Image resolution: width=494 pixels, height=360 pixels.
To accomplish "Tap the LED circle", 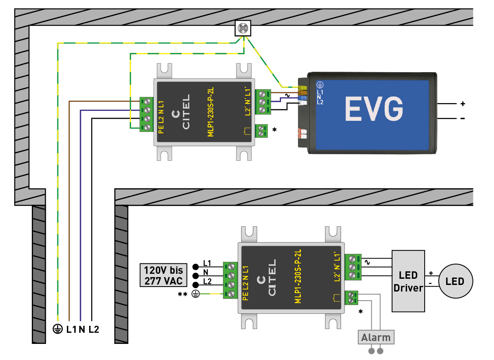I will pos(455,281).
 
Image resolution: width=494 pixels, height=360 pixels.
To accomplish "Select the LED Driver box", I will pos(408,281).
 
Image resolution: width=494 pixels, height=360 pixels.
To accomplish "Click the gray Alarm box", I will pos(376,337).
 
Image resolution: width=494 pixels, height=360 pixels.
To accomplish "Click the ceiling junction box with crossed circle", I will pos(244,28).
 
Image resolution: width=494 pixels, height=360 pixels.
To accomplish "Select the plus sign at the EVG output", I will pos(463,104).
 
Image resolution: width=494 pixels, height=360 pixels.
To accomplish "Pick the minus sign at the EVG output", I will pos(463,119).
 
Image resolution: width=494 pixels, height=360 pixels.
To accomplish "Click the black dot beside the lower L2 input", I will pos(195,283).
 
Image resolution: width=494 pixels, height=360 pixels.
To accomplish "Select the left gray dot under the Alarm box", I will pos(371,351).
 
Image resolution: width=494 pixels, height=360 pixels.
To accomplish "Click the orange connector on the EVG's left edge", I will pos(302,133).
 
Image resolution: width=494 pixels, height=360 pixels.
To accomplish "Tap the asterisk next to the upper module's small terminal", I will pos(274,130).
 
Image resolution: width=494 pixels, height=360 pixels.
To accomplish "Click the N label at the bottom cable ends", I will pos(82,329).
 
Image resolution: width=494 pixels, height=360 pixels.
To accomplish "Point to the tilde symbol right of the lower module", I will pos(366,261).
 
